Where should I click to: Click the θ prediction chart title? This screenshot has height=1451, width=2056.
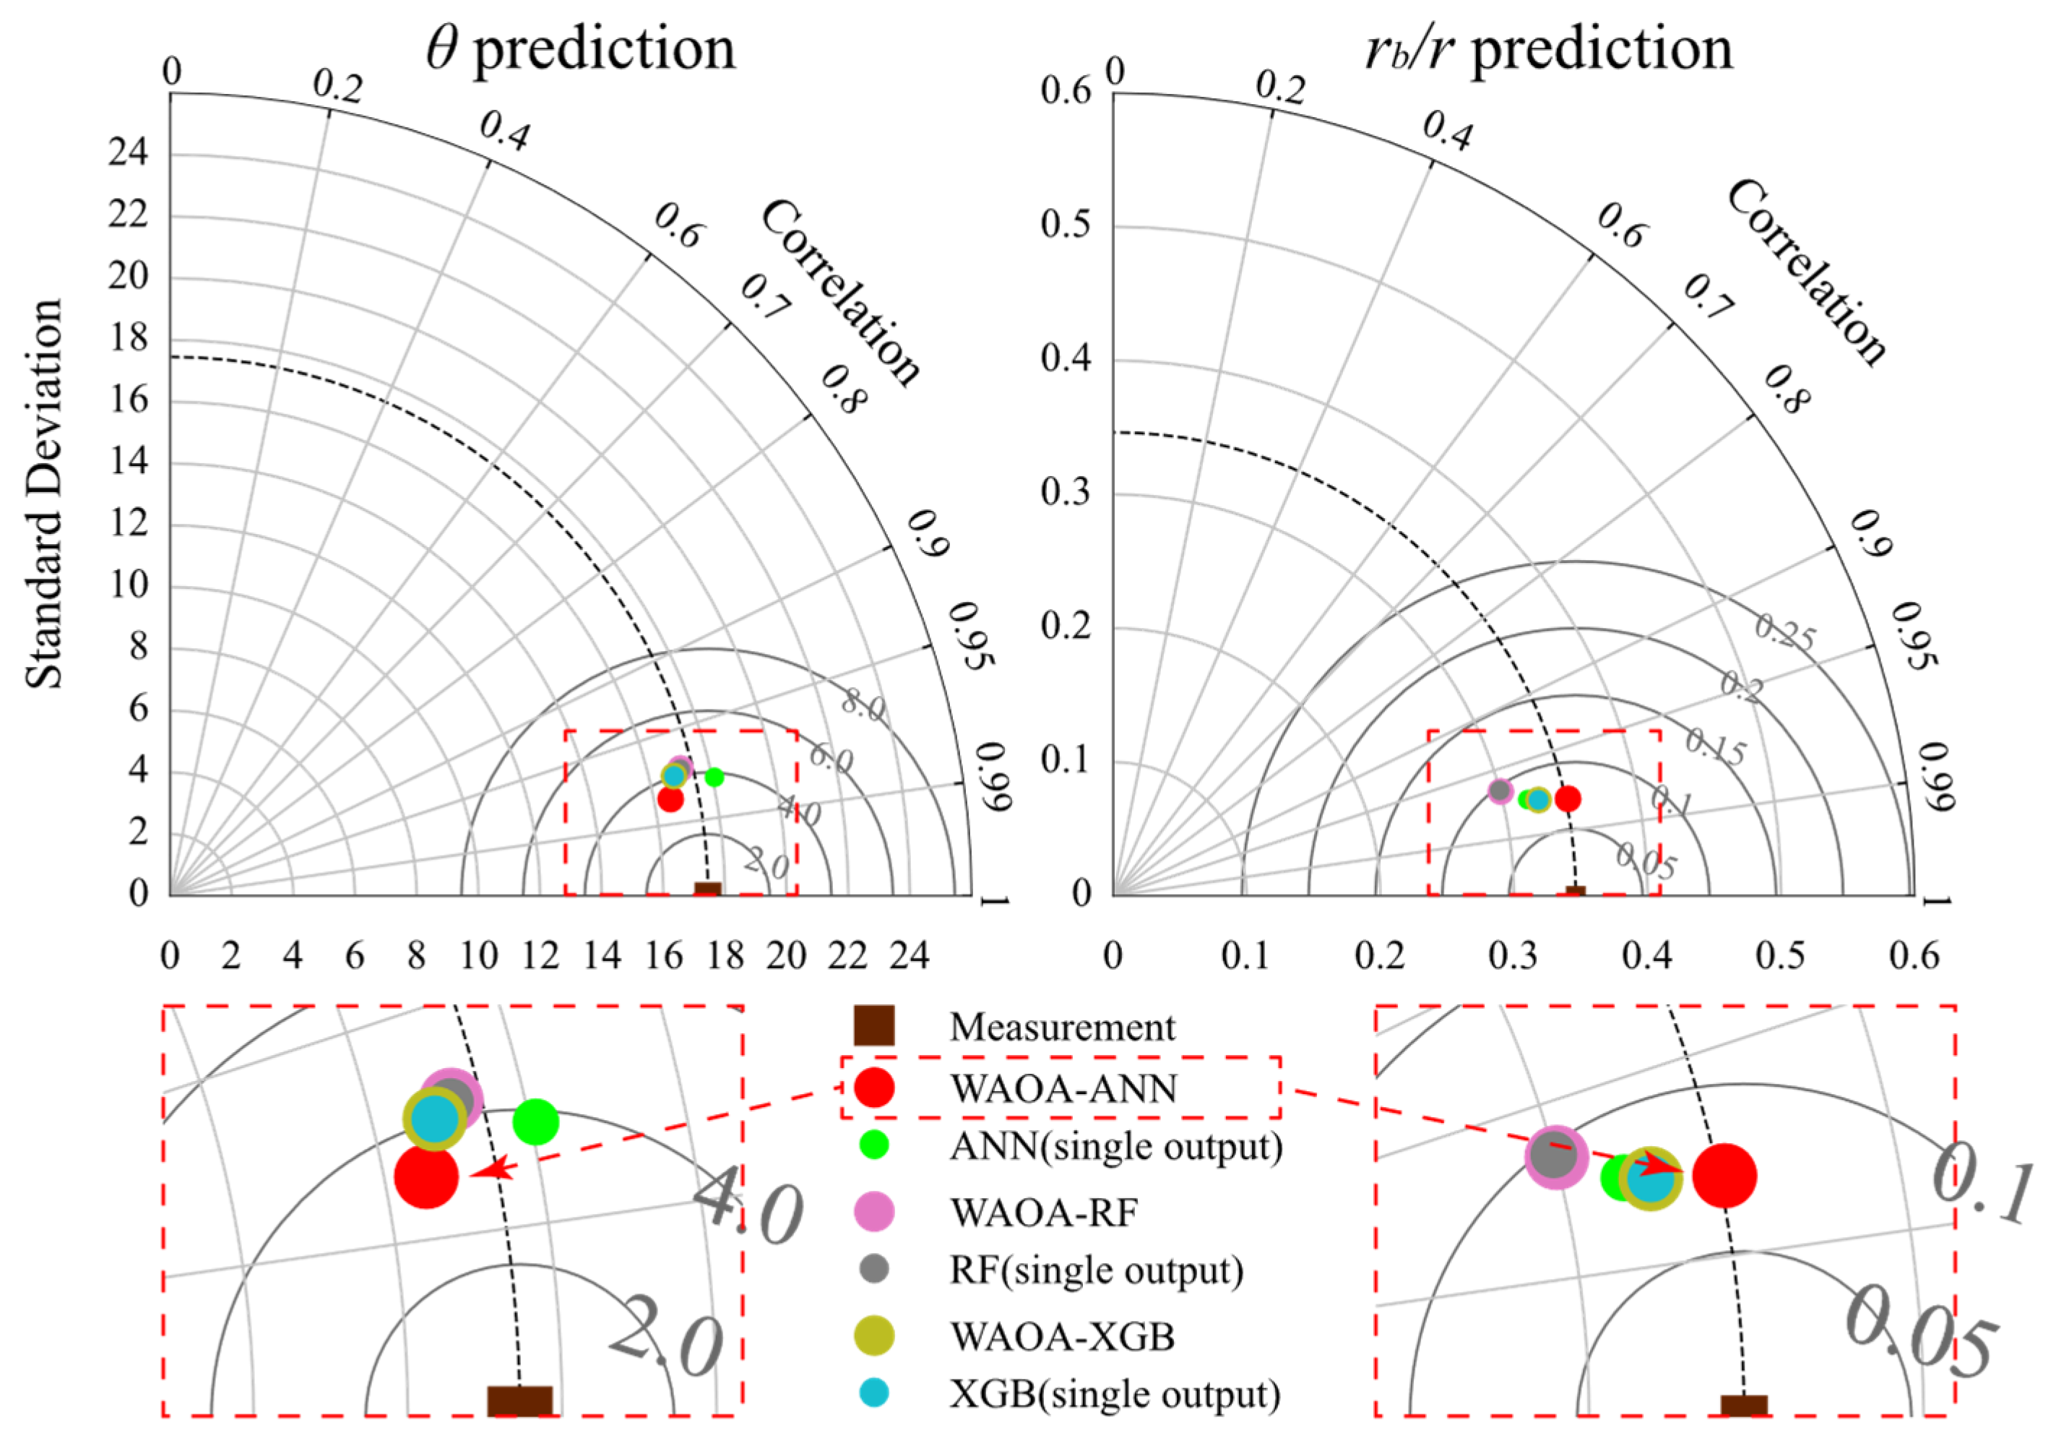coord(580,49)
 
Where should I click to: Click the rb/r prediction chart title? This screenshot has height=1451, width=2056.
coord(1548,49)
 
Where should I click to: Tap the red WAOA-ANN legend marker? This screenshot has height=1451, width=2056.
coord(874,1088)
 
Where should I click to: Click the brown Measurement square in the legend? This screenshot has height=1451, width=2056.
coord(874,1025)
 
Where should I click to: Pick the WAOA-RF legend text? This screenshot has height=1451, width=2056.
coord(1044,1213)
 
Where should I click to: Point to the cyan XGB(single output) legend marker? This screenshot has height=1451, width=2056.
coord(874,1392)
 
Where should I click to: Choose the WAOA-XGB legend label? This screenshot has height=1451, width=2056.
coord(1062,1336)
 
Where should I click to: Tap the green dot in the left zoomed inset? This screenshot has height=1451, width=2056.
coord(535,1121)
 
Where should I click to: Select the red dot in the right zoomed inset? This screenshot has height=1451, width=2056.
coord(1724,1175)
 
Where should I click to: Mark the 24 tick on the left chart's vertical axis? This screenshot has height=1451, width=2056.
coord(128,154)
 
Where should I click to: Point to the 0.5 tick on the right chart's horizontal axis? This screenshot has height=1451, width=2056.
coord(1780,957)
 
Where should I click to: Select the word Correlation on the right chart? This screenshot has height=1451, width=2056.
coord(1805,272)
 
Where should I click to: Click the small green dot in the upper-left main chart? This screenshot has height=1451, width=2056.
coord(714,777)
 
